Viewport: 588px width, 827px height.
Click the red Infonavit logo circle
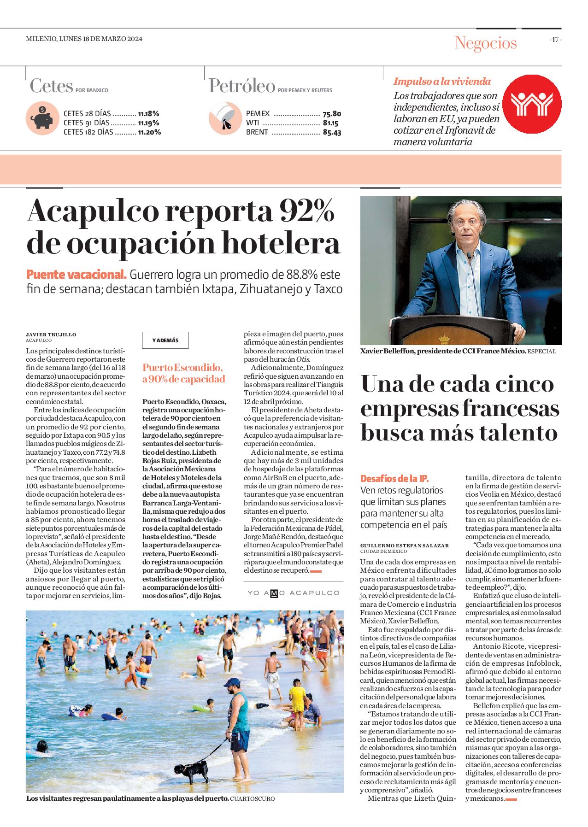531,104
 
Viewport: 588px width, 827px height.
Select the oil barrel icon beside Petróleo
225,118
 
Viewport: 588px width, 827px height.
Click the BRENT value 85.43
332,133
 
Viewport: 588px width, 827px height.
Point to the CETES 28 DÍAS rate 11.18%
148,113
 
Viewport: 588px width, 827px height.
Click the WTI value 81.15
330,123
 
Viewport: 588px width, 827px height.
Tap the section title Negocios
485,43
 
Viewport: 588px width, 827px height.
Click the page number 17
555,40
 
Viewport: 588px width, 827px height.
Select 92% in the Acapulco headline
306,211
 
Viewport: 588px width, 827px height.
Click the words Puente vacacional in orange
76,275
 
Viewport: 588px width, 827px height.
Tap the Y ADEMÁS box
165,340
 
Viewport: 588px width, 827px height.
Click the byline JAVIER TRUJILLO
51,334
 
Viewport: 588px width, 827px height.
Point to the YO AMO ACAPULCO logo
293,593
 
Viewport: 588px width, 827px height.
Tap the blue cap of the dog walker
232,682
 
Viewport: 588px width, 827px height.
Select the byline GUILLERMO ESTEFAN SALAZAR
404,545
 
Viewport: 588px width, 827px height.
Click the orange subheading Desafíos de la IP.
394,479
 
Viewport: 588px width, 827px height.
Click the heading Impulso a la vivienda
442,82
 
